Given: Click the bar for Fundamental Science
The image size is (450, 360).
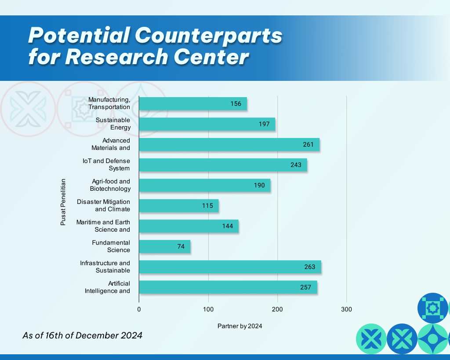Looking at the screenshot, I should pyautogui.click(x=165, y=247).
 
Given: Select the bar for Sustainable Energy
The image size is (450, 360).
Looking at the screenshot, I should pyautogui.click(x=207, y=124).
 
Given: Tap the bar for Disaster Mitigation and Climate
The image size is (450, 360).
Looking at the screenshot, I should pyautogui.click(x=179, y=206).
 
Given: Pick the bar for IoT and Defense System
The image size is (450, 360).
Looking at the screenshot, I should pyautogui.click(x=223, y=165).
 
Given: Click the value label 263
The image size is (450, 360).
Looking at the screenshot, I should pyautogui.click(x=310, y=267).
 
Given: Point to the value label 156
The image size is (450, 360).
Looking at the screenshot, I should pyautogui.click(x=236, y=104).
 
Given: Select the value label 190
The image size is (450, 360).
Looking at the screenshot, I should pyautogui.click(x=259, y=185).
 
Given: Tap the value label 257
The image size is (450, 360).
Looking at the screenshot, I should pyautogui.click(x=305, y=287).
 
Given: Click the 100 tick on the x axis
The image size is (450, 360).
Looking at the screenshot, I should pyautogui.click(x=208, y=309).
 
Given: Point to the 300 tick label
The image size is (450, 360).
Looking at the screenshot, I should pyautogui.click(x=347, y=309).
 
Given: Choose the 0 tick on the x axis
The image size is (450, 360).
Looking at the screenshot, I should pyautogui.click(x=139, y=309).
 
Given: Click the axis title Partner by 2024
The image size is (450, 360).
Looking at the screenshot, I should pyautogui.click(x=240, y=326).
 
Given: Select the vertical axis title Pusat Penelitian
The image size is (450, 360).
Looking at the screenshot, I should pyautogui.click(x=63, y=202).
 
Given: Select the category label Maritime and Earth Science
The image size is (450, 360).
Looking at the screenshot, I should pyautogui.click(x=103, y=226).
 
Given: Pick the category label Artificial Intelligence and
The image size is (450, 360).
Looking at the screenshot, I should pyautogui.click(x=108, y=287).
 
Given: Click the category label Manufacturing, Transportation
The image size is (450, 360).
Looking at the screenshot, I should pyautogui.click(x=109, y=103).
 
